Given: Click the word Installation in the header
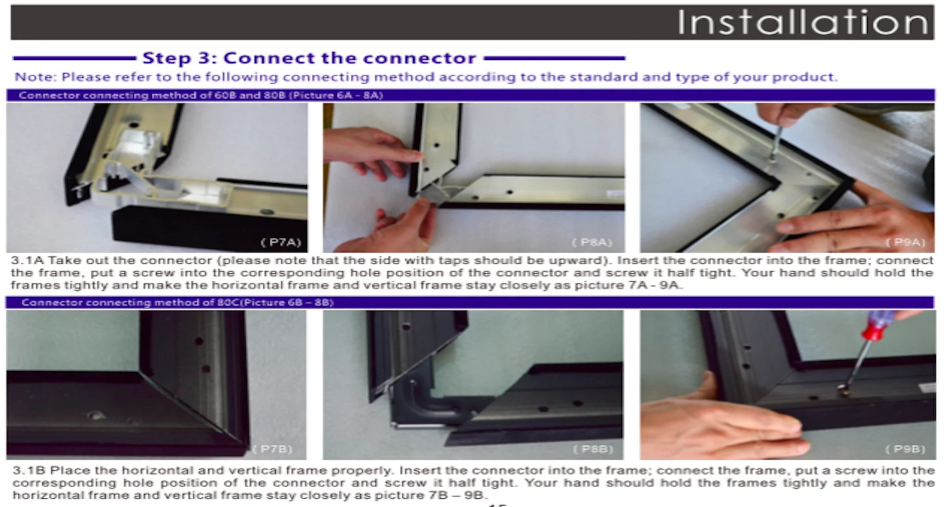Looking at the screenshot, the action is tap(802, 22).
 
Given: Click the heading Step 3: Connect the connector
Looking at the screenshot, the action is tap(309, 58).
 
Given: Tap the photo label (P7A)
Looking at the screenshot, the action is tap(280, 242).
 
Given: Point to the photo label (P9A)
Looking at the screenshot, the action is tap(905, 242).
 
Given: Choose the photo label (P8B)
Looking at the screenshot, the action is tap(593, 449).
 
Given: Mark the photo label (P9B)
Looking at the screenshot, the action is tap(905, 449).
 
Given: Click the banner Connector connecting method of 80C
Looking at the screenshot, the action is tap(177, 302).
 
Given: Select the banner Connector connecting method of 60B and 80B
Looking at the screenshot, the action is tap(201, 95).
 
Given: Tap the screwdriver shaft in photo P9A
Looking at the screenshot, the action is tap(776, 143).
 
